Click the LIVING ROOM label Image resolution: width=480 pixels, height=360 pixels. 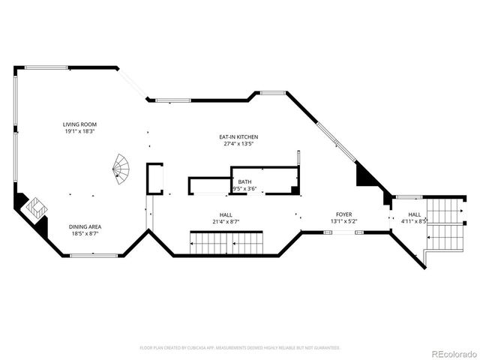click(x=79, y=124)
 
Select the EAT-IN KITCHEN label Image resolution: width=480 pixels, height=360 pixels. click(x=238, y=137)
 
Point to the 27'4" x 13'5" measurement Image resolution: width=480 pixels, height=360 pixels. click(x=238, y=144)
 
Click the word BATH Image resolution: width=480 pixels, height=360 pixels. click(x=245, y=181)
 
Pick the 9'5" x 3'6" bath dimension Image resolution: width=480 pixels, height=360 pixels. click(x=244, y=188)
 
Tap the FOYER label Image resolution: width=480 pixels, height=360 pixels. click(x=343, y=214)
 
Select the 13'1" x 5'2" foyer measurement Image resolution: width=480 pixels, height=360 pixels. click(x=343, y=221)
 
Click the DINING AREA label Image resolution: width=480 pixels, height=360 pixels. click(x=85, y=226)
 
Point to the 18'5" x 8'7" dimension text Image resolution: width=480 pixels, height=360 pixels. click(x=85, y=233)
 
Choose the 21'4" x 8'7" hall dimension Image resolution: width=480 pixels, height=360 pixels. click(x=225, y=221)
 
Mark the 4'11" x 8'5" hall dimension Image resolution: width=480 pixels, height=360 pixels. click(x=414, y=221)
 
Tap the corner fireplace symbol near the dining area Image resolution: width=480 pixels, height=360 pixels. click(x=36, y=208)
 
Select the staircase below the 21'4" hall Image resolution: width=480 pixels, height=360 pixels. click(x=226, y=243)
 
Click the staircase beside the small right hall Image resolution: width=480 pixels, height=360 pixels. click(x=445, y=225)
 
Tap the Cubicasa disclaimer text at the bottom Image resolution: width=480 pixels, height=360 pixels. click(x=240, y=348)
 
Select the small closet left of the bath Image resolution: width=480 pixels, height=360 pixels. click(x=154, y=178)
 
